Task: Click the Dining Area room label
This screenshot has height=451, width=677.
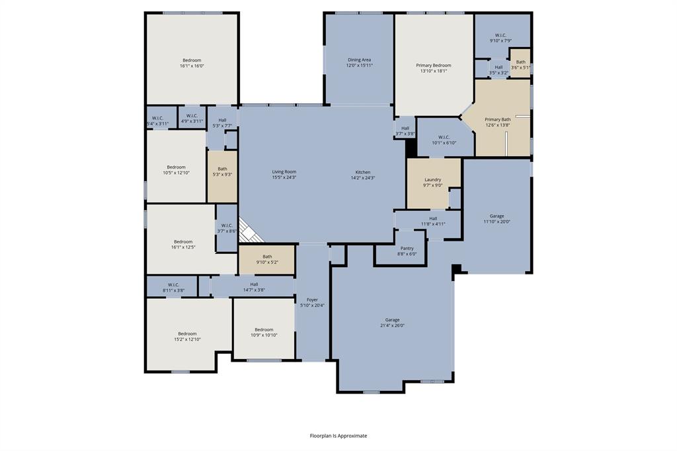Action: click(x=360, y=60)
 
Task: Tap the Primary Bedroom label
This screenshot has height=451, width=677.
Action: click(x=434, y=65)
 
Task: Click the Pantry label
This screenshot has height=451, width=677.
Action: click(x=407, y=248)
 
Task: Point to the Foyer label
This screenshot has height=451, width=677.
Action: click(x=312, y=300)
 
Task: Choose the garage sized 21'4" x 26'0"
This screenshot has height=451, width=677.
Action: click(x=393, y=322)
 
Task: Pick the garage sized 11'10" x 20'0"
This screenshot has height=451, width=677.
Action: click(x=497, y=219)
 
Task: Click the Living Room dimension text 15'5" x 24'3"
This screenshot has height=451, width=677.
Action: click(x=284, y=178)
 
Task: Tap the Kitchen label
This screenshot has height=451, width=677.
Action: click(x=362, y=172)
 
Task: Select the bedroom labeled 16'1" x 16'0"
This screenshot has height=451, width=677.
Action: click(x=192, y=63)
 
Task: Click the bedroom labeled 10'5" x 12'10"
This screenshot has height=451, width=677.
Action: click(x=176, y=169)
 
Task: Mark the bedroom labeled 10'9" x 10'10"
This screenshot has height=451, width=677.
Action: click(x=264, y=332)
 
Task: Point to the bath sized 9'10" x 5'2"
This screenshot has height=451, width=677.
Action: click(x=267, y=260)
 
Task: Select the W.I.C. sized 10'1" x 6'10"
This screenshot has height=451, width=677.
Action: click(x=444, y=140)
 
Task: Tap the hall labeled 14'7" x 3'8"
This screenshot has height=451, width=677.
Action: click(x=254, y=287)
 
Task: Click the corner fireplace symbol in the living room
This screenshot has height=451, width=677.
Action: click(x=250, y=231)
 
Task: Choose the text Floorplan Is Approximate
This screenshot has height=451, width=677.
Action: click(x=338, y=436)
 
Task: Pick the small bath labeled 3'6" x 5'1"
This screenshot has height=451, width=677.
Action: click(x=521, y=64)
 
